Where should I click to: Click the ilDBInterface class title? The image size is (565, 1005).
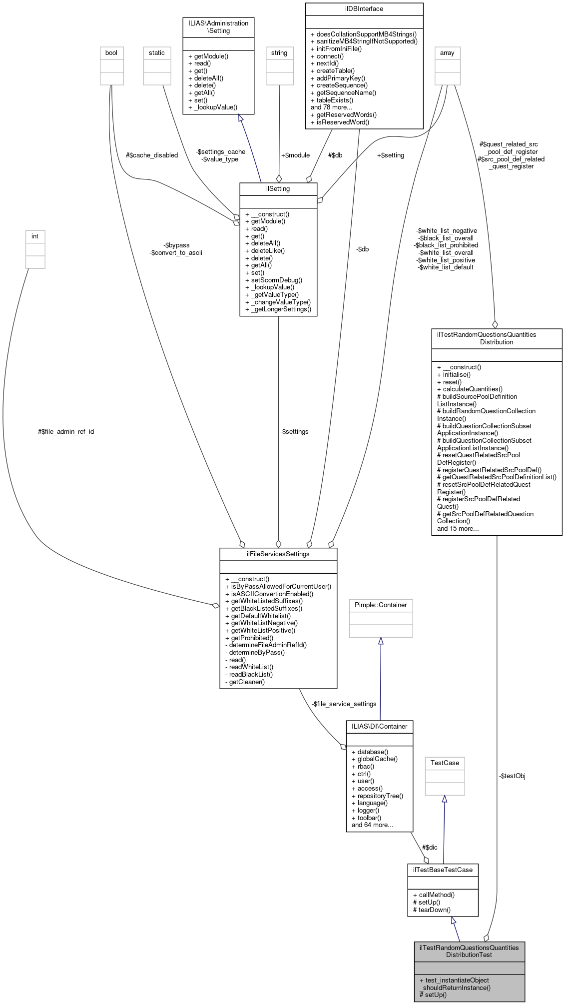pos(364,8)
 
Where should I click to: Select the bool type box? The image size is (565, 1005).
pos(111,53)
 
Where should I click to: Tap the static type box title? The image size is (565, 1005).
pos(156,53)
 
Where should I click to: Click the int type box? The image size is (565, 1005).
pos(35,236)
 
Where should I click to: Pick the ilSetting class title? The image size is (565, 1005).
pos(278,189)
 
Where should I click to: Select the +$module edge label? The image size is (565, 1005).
pos(295,155)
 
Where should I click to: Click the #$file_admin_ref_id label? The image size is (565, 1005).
pos(66,431)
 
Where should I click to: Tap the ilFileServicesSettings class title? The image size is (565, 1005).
pos(278,554)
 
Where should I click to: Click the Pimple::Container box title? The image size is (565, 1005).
pos(381,605)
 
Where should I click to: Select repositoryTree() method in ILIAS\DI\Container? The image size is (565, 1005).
pos(377,796)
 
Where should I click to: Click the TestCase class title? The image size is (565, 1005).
pos(445,763)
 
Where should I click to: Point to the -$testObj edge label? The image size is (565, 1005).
pos(512,776)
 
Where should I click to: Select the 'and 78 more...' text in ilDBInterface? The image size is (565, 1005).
pos(331,107)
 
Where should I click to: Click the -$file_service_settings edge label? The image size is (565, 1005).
pos(344,704)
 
